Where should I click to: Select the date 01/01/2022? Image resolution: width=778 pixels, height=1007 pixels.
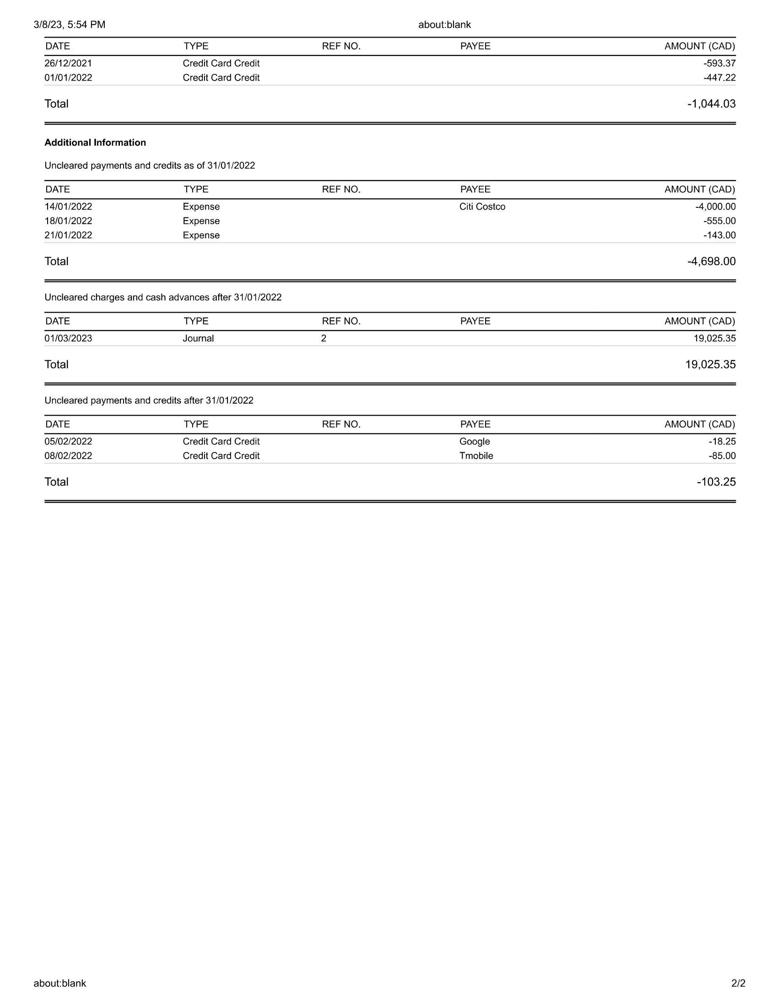[x=68, y=77]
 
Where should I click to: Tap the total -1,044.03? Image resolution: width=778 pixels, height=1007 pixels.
[x=711, y=104]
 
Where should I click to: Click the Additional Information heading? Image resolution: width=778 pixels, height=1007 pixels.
[x=95, y=142]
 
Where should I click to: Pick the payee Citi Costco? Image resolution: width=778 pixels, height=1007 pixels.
[x=482, y=206]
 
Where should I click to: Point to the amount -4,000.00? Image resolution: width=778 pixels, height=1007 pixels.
[x=715, y=206]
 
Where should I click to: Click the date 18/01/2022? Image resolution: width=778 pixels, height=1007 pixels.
[x=68, y=221]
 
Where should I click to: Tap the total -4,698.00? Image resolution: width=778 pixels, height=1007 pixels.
[x=711, y=261]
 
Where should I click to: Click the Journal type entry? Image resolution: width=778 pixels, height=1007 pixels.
[x=198, y=338]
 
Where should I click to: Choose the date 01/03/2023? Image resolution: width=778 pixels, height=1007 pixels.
[x=68, y=338]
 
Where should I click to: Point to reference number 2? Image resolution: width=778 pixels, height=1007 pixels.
[x=324, y=338]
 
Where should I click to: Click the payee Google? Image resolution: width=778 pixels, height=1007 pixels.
[x=474, y=441]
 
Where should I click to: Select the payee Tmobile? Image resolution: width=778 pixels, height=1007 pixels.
[x=476, y=455]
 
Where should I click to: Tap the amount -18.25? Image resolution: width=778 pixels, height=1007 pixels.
[x=722, y=441]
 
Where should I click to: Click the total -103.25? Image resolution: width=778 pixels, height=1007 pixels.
[x=716, y=482]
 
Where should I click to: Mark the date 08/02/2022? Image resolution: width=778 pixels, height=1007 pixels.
[x=68, y=455]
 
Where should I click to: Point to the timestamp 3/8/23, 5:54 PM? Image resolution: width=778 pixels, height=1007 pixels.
[x=70, y=24]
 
